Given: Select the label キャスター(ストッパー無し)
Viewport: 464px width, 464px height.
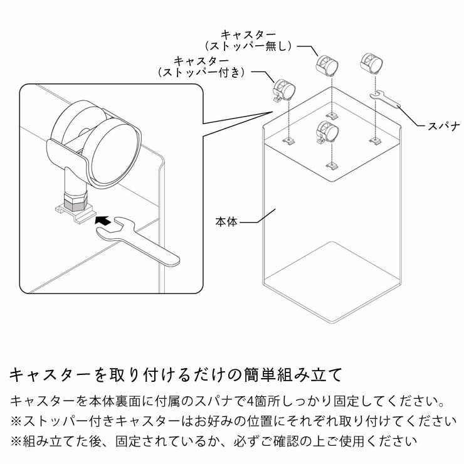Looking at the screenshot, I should [250, 41].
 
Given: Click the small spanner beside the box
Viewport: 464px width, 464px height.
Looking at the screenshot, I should [387, 99].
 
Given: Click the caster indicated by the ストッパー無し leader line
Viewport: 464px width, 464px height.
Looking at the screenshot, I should [327, 65].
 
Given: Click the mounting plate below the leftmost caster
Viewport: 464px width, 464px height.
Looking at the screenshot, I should [289, 139].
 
